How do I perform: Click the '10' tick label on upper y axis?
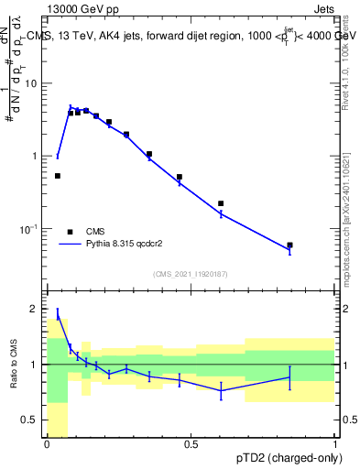click(35, 83)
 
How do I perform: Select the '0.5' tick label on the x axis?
click(191, 444)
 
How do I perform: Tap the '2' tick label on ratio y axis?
click(38, 309)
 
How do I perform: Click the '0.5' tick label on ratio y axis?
click(33, 420)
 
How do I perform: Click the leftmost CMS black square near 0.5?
click(58, 176)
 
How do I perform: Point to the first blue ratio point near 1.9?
click(58, 315)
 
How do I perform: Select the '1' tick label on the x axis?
click(334, 444)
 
